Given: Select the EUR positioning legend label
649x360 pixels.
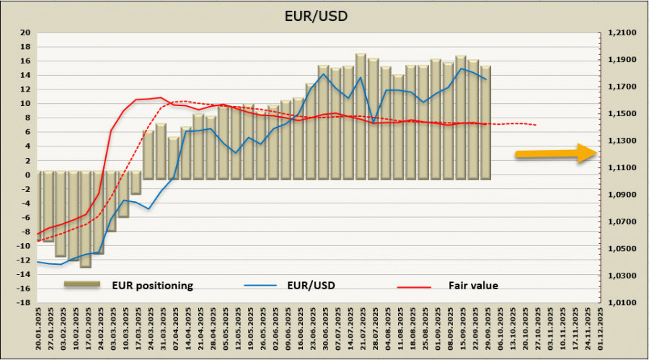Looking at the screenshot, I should click(151, 286).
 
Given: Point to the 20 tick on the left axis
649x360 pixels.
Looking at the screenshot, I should click(25, 32).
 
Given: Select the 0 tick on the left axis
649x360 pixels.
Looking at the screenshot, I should click(27, 175).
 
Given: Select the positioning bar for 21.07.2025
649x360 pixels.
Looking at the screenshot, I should click(361, 115).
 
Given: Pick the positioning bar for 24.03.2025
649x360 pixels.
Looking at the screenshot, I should click(149, 154).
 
